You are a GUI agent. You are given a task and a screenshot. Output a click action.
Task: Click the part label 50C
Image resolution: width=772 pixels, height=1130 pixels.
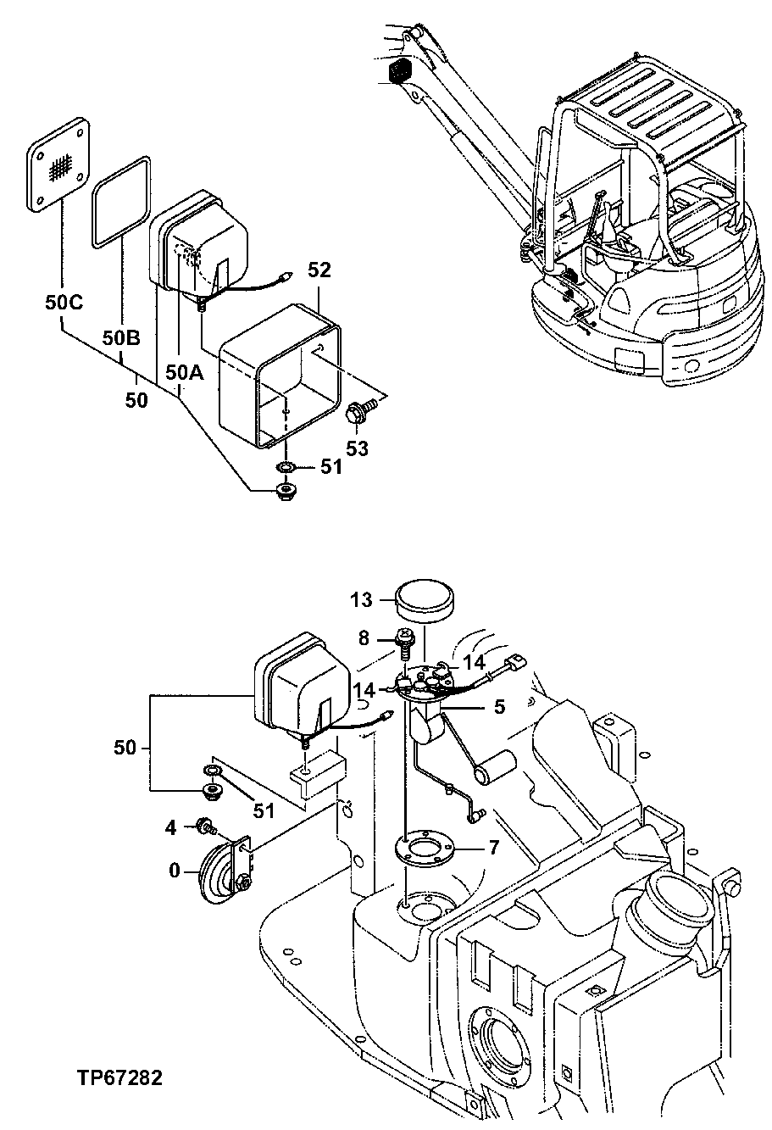point(64,302)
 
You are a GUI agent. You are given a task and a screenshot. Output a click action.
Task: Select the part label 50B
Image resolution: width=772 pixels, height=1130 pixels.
point(121,338)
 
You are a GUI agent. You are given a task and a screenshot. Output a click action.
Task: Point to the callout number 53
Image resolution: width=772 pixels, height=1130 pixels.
point(357,448)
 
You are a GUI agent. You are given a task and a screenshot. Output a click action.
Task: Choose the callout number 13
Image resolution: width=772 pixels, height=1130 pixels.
point(363,601)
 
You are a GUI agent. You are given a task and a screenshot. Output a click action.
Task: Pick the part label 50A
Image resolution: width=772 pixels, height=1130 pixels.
point(184,372)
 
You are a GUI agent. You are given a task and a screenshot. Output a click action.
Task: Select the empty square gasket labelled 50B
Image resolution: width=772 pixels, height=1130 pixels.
point(123,202)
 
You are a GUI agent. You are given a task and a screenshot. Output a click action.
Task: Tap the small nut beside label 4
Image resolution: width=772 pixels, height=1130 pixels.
point(204,825)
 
